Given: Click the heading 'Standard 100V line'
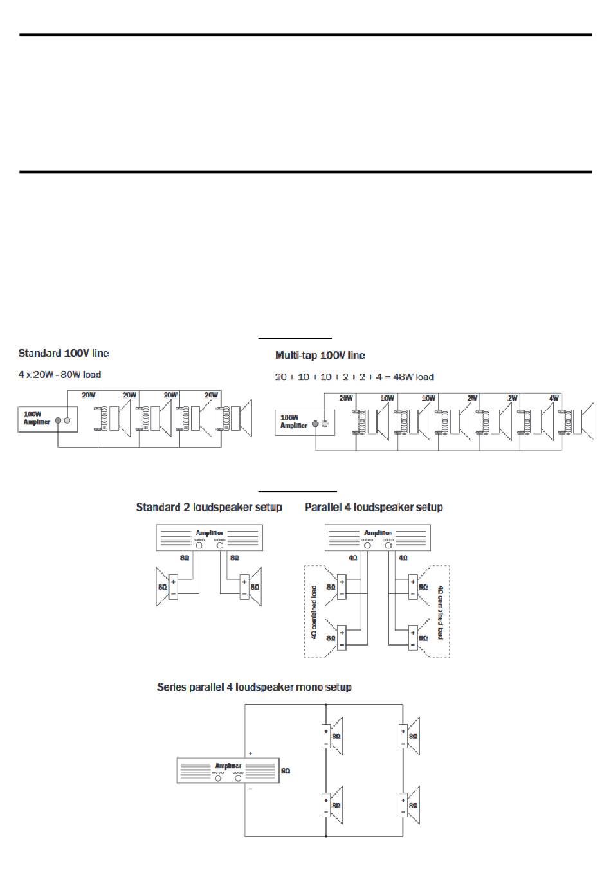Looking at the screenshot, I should point(64,353).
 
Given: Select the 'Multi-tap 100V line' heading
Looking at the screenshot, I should point(320,355).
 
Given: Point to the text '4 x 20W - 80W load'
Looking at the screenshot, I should point(60,374).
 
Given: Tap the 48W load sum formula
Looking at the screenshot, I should point(354,377).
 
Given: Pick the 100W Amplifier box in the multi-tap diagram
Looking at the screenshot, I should point(304,422).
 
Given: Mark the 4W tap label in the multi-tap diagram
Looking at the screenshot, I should point(554,399).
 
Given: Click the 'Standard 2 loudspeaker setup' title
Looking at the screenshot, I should point(209,507).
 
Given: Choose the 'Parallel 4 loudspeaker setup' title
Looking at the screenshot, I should point(374,507).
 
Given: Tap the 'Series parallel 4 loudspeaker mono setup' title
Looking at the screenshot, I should point(254,687).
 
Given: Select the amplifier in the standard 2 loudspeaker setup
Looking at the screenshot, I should point(209,538).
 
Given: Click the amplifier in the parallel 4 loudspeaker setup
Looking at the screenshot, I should point(378,538).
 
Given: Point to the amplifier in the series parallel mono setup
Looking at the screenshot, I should point(228,770).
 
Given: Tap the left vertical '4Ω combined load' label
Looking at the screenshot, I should point(314,611).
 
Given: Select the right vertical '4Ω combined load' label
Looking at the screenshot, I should point(441,611).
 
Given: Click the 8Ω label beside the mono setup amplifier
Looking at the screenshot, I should point(286,770).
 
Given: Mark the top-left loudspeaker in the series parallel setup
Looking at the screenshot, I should point(332,736).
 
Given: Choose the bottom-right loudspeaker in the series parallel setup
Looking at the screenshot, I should point(409,804).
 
